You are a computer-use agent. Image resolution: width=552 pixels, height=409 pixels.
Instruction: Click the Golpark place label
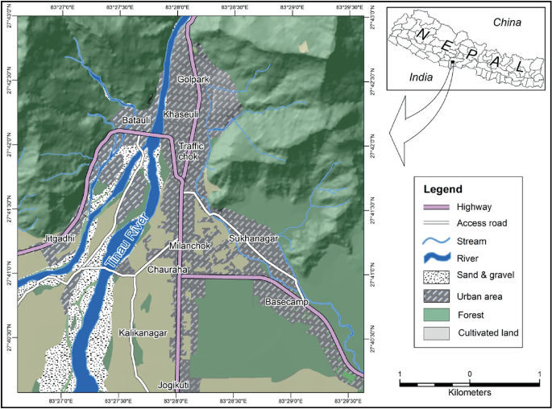click(193, 79)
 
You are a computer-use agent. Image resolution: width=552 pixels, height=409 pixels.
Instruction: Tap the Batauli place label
click(135, 120)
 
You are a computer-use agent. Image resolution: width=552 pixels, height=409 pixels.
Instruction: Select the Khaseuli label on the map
click(180, 115)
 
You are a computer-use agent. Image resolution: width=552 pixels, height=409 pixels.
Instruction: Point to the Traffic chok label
click(193, 151)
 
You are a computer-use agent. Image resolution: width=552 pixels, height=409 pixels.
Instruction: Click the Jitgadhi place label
click(59, 239)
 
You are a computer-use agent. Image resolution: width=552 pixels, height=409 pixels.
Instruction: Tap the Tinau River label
click(127, 241)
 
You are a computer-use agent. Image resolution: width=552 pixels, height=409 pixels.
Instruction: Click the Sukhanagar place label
click(253, 239)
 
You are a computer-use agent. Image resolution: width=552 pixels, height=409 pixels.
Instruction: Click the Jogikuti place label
click(176, 386)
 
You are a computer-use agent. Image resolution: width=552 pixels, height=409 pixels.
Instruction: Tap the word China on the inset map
click(505, 23)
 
